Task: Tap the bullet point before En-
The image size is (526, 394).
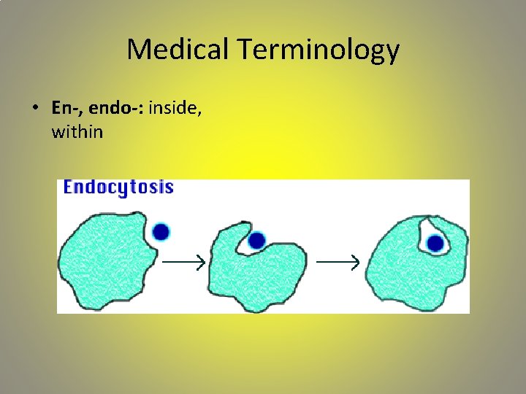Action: tap(35, 108)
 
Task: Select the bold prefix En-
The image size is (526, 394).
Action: tap(66, 108)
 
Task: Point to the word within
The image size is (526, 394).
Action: tap(77, 132)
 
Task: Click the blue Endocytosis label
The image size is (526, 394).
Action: tap(118, 188)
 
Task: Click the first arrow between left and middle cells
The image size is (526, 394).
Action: tap(182, 261)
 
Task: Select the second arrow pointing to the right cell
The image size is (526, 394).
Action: tap(337, 261)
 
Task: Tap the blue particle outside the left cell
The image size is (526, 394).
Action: tap(161, 232)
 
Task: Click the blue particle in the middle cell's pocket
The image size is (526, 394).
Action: tap(256, 240)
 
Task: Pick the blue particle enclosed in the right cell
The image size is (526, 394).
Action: tap(436, 243)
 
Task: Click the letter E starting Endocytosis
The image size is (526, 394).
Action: tap(69, 188)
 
